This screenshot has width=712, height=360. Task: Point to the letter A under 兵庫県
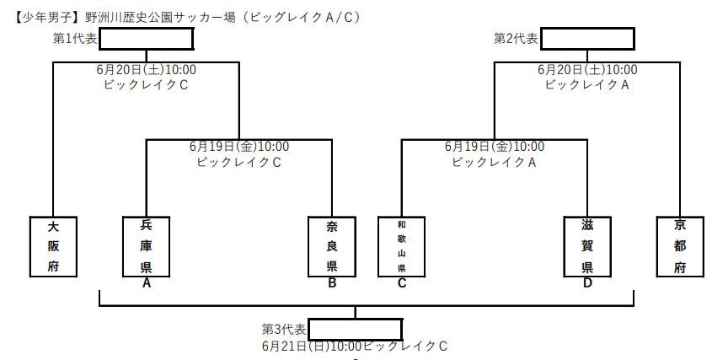[147, 283]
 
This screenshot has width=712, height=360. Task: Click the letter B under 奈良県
[332, 283]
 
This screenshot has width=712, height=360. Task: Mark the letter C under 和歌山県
[401, 283]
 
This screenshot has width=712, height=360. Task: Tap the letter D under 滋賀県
[587, 283]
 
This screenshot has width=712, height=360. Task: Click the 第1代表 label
[75, 39]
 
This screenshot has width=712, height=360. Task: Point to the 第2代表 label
[516, 39]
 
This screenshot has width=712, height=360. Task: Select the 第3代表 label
[284, 329]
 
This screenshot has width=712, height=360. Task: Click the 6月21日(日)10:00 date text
[312, 347]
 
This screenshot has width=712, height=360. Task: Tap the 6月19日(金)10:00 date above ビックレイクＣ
[239, 147]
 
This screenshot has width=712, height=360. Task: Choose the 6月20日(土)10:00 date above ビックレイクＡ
[587, 69]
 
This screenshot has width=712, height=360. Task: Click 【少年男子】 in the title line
[43, 17]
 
